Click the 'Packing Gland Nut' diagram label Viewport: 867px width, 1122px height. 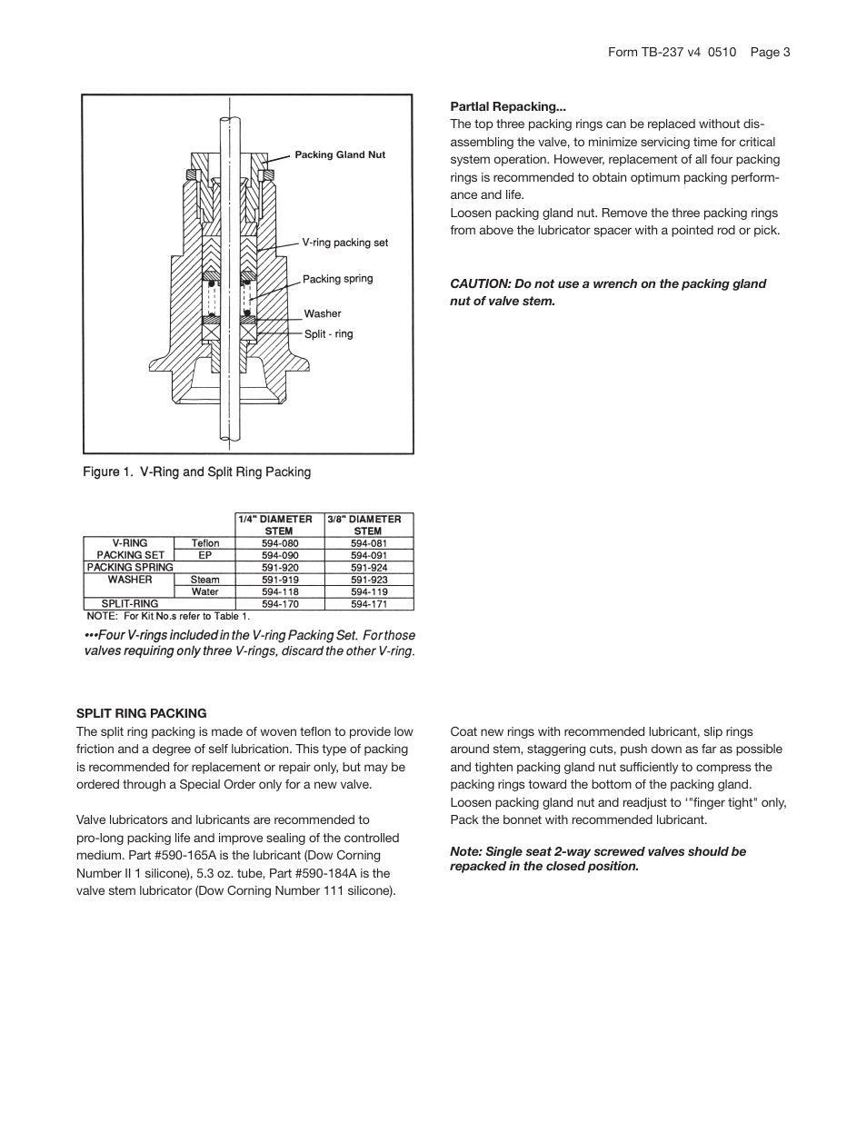tap(340, 155)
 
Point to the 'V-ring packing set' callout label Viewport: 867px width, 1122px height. tap(344, 243)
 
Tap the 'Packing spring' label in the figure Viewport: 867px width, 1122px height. tap(337, 279)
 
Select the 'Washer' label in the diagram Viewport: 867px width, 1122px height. tap(323, 313)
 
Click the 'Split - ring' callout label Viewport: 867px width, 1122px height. tap(328, 334)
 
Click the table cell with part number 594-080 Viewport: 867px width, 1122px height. tap(280, 543)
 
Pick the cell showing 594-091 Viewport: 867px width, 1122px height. tap(369, 555)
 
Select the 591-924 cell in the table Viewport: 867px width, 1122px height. tap(369, 568)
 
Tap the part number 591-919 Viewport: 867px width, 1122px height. tap(280, 580)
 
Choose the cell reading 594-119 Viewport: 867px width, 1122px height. tap(369, 592)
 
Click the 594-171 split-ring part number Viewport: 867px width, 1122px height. tap(369, 604)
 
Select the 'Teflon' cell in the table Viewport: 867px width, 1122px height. tap(205, 543)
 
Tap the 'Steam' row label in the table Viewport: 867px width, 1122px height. tap(205, 580)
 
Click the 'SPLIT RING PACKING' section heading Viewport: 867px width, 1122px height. tap(142, 713)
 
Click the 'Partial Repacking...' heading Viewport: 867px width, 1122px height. tap(508, 106)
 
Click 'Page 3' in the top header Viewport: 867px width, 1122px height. tap(770, 52)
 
